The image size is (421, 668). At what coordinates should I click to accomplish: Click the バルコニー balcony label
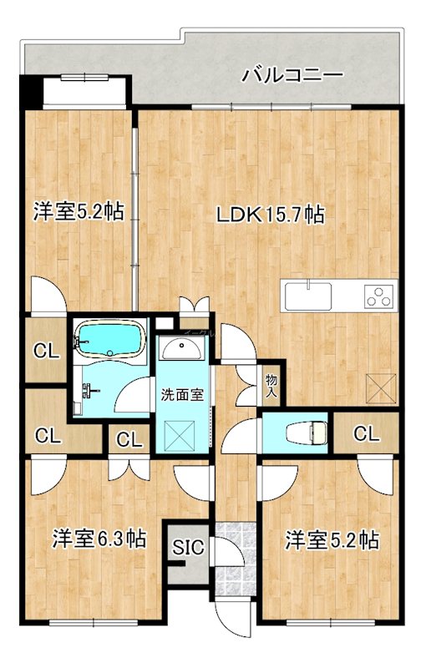[x=292, y=75]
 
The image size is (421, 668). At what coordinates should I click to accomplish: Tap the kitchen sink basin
[x=309, y=295]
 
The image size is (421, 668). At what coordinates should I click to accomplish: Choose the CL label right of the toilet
[x=365, y=433]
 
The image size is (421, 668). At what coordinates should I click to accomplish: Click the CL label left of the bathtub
[x=46, y=352]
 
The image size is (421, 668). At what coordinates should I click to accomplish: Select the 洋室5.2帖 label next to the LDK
[x=79, y=211]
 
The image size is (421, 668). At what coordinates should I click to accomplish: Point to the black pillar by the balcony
[x=32, y=88]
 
